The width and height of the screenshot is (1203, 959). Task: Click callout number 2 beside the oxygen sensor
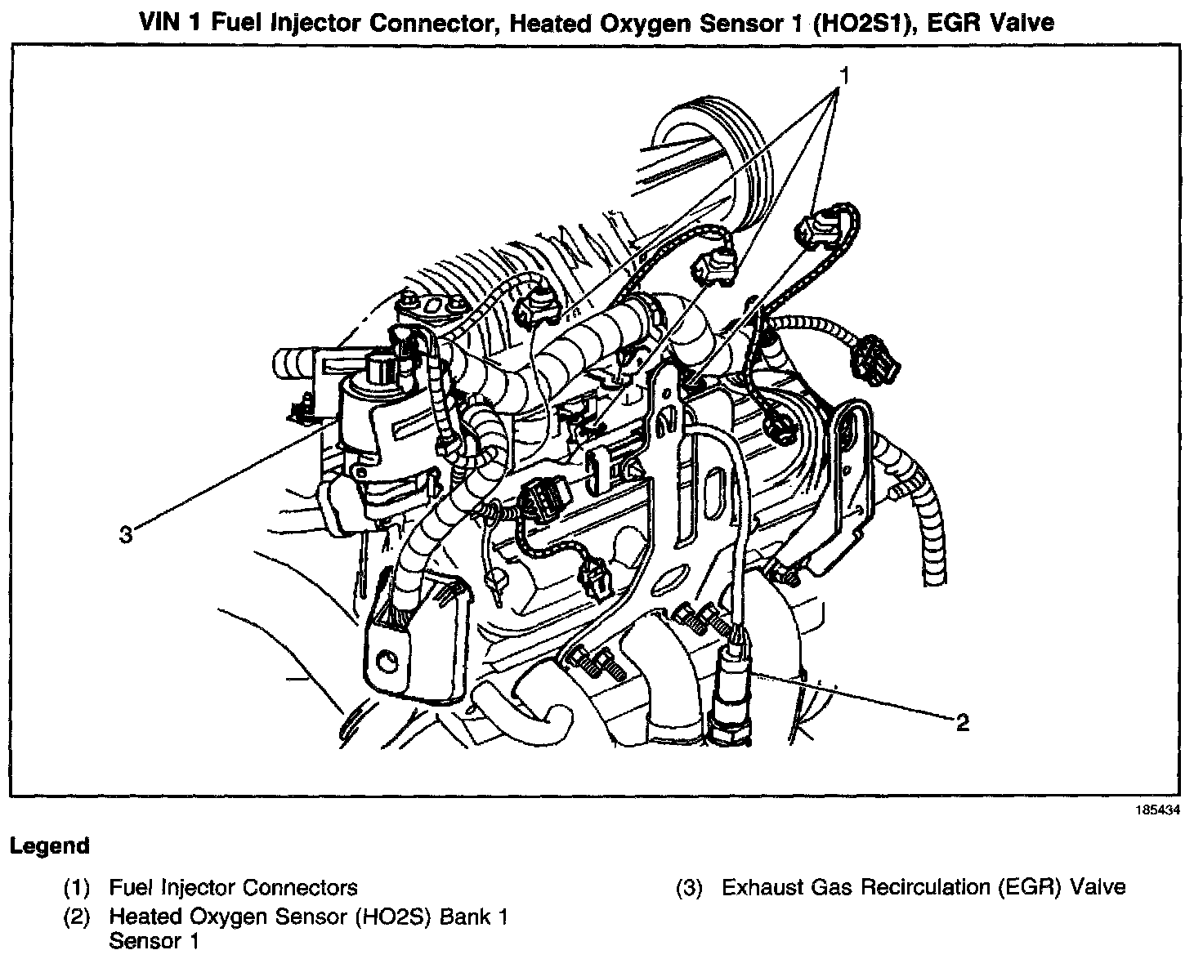962,722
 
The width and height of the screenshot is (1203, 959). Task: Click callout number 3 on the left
125,535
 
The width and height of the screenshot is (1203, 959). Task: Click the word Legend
49,846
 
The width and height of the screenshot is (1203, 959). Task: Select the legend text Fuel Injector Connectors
233,888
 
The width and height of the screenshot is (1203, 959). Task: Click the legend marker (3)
689,888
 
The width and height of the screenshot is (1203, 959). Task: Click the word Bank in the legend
463,917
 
